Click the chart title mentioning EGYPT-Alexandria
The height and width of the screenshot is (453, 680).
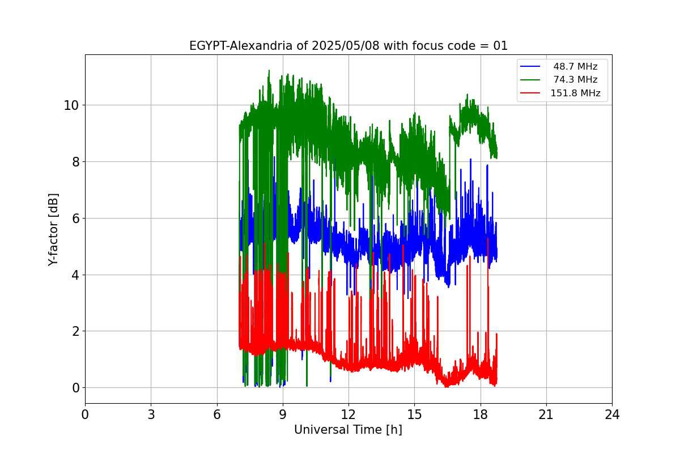pyautogui.click(x=348, y=46)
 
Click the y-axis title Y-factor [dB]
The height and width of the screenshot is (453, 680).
pyautogui.click(x=53, y=229)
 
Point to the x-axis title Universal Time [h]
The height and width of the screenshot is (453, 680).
pyautogui.click(x=348, y=430)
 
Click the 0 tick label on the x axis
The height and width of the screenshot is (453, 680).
pyautogui.click(x=85, y=415)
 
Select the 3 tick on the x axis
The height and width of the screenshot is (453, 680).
pyautogui.click(x=151, y=415)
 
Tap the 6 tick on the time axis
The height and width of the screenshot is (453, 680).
pyautogui.click(x=217, y=415)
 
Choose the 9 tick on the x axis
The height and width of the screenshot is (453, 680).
pyautogui.click(x=283, y=415)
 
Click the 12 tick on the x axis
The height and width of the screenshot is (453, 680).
pyautogui.click(x=348, y=415)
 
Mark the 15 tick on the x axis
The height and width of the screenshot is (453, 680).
pyautogui.click(x=414, y=415)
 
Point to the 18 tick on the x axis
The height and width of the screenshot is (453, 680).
pyautogui.click(x=481, y=415)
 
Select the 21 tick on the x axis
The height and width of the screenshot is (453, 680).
pyautogui.click(x=546, y=415)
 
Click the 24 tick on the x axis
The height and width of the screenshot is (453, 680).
pyautogui.click(x=612, y=415)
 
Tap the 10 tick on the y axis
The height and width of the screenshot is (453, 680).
pyautogui.click(x=71, y=105)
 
